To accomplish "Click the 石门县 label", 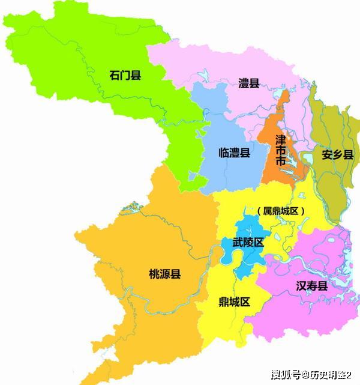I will click(125, 75).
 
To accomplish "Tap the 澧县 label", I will click(248, 83).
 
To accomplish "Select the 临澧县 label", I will click(234, 153).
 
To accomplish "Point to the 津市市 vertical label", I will click(280, 151).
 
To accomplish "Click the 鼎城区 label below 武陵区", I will click(234, 302).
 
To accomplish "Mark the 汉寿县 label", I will click(311, 286).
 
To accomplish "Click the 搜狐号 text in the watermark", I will click(287, 375).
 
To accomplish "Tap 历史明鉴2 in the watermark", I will click(332, 375).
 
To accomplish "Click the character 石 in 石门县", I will click(115, 75).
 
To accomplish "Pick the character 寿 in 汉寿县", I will click(311, 286).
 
